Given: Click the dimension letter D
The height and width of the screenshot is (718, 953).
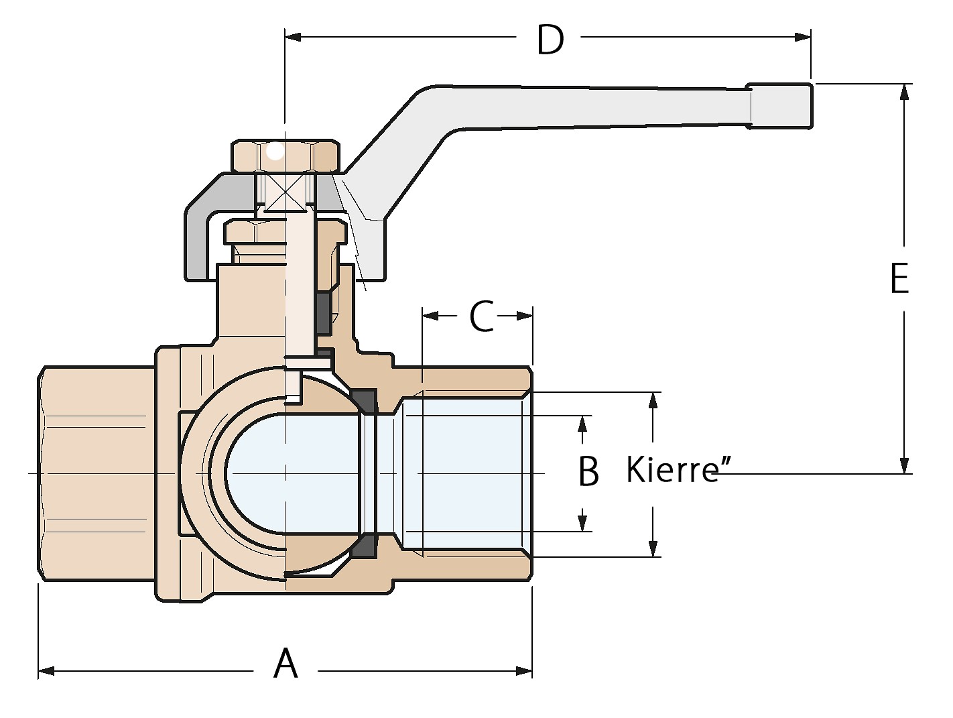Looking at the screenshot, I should click(550, 40).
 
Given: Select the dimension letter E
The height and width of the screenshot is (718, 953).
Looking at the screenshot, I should click(899, 278).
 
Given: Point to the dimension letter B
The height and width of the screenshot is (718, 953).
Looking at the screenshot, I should click(588, 471).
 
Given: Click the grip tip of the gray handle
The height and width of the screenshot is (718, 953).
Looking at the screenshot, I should click(781, 105).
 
